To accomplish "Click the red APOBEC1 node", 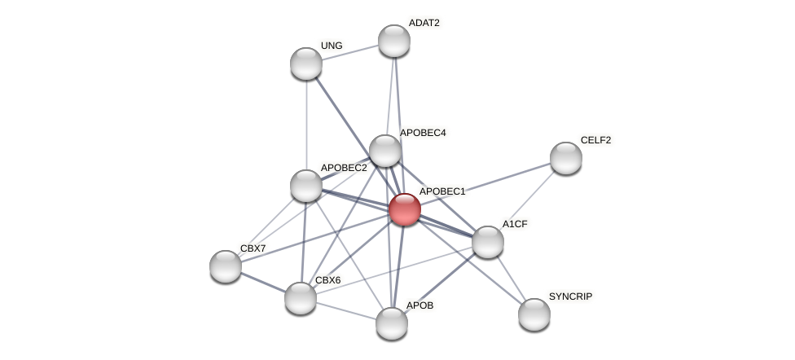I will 404,209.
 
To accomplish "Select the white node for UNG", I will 306,64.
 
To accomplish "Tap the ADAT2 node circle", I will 393,41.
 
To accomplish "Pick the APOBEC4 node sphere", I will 385,151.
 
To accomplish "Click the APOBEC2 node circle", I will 306,186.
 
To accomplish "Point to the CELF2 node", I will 566,158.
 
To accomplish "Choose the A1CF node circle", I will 488,242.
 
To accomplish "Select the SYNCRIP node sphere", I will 534,314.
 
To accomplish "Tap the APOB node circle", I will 392,323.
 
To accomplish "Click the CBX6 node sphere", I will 301,298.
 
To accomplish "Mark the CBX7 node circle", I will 226,266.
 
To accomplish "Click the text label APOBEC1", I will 441,191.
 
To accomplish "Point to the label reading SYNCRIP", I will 570,296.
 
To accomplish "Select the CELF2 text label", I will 595,140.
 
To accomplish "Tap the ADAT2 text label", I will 424,23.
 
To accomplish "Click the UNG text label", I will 332,46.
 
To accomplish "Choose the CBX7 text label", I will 253,248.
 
